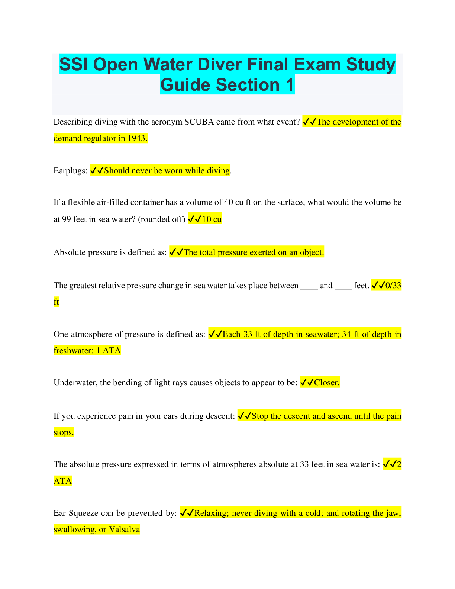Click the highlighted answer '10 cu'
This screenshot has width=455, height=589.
(212, 219)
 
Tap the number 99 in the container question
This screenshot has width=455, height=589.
(66, 219)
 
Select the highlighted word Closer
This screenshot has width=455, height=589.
(327, 383)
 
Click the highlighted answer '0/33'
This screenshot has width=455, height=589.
(393, 286)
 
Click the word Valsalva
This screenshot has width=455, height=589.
(125, 530)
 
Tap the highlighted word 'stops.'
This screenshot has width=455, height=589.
(64, 432)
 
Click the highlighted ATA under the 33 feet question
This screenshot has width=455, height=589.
(62, 481)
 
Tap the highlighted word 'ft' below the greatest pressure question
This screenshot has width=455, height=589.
(56, 302)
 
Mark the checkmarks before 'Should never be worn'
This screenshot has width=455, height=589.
(97, 171)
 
